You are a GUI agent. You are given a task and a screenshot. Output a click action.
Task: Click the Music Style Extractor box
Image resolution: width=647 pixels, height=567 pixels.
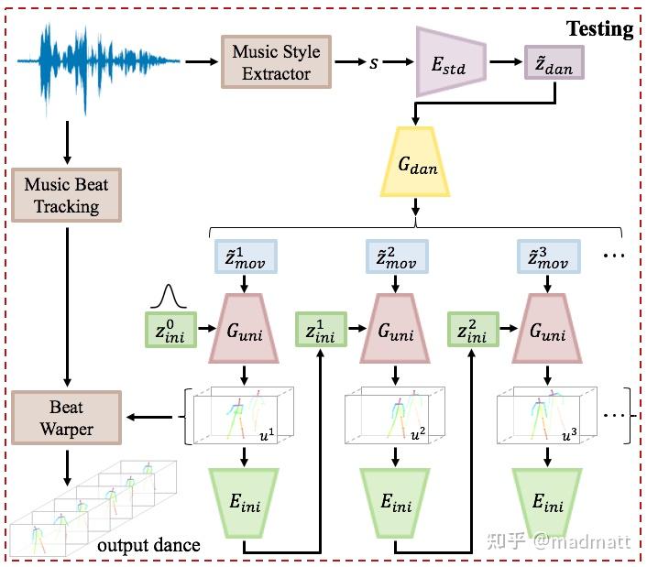276,61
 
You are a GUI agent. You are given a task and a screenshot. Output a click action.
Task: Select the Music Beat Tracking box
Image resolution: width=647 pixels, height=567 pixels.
66,194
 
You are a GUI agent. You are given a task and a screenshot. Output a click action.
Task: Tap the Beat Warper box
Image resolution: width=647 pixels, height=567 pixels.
66,417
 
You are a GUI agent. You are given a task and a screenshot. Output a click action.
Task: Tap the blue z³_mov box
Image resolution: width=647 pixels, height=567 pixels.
548,258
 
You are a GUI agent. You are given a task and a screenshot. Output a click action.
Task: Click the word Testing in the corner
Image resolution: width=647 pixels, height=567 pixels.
599,28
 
